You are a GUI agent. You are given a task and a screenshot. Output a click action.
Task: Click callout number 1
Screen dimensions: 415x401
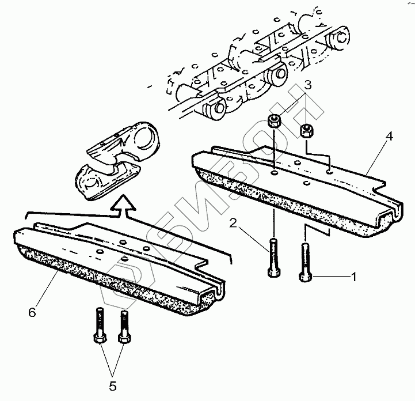(x=354, y=277)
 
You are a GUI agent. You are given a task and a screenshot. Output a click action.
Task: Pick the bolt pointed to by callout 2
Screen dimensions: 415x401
(x=273, y=258)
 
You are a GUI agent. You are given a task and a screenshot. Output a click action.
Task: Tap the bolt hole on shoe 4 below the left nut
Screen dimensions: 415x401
(x=274, y=172)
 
